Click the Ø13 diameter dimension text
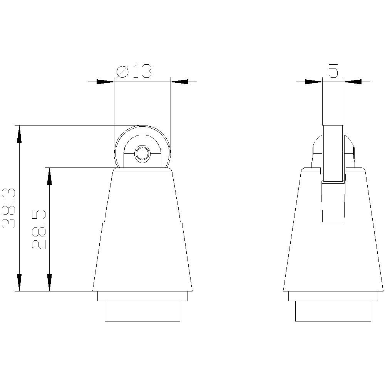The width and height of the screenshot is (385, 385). click(134, 72)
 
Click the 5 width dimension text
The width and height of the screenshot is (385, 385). click(333, 71)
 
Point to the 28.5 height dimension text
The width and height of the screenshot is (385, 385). click(39, 230)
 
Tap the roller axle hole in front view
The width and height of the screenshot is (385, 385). click(142, 153)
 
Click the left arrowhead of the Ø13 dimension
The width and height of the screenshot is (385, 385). click(105, 82)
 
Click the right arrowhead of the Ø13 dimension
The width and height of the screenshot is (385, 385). click(179, 82)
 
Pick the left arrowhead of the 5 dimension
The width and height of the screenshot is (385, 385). click(313, 82)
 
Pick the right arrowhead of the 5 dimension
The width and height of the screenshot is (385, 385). click(353, 82)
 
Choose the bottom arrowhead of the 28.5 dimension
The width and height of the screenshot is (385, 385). click(49, 282)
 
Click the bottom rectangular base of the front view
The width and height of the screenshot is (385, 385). click(142, 311)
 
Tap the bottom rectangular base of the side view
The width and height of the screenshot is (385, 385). click(333, 311)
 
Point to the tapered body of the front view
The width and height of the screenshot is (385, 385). click(142, 239)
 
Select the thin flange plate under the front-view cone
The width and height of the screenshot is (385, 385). click(142, 296)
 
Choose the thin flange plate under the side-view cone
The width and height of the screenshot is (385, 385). click(333, 296)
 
